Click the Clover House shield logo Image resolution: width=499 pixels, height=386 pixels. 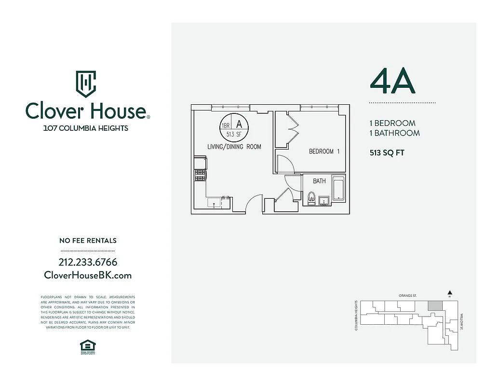[x=86, y=84]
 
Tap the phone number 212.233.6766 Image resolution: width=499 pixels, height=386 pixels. [x=88, y=262]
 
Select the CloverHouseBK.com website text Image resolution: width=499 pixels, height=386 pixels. [x=88, y=275]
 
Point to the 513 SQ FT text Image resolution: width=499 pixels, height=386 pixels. [x=387, y=153]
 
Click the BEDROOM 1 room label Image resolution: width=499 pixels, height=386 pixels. [x=324, y=152]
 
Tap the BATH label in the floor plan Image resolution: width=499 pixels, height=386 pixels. [x=319, y=181]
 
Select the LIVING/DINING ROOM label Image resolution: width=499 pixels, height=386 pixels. [x=234, y=147]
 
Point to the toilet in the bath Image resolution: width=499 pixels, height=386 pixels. [x=311, y=198]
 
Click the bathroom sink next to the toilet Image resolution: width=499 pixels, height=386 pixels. [x=324, y=200]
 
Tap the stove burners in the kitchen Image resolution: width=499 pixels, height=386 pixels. [x=200, y=175]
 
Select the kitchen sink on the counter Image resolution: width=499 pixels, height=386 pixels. [x=215, y=204]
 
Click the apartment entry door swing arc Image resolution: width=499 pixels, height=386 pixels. [x=254, y=203]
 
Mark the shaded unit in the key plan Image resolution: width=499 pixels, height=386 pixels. [x=435, y=306]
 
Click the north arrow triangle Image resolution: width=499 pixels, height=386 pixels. [x=449, y=292]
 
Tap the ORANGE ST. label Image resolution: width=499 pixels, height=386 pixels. [x=407, y=295]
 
